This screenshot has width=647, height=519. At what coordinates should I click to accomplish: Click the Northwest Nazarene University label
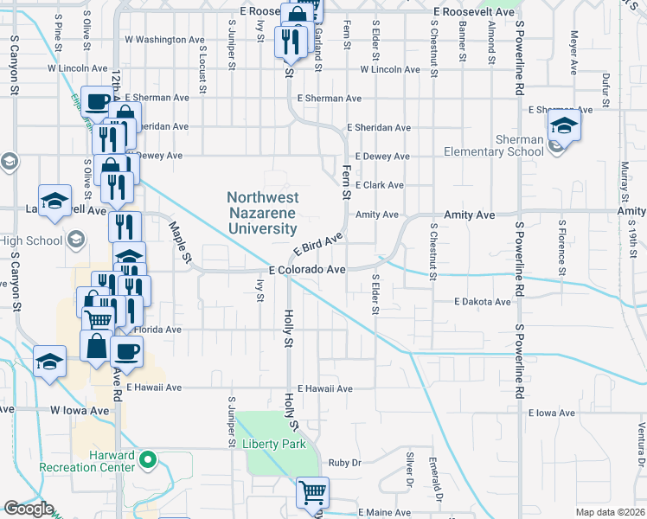(261, 214)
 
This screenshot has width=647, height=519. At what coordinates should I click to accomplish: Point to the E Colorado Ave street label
(307, 270)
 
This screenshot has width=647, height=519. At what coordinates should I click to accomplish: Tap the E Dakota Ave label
(483, 302)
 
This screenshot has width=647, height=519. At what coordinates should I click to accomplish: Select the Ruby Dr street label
(343, 463)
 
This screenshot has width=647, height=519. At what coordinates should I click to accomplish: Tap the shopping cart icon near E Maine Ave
(312, 493)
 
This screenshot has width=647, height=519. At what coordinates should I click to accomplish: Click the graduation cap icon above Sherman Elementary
(564, 125)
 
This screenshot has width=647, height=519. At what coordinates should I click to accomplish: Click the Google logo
(29, 509)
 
